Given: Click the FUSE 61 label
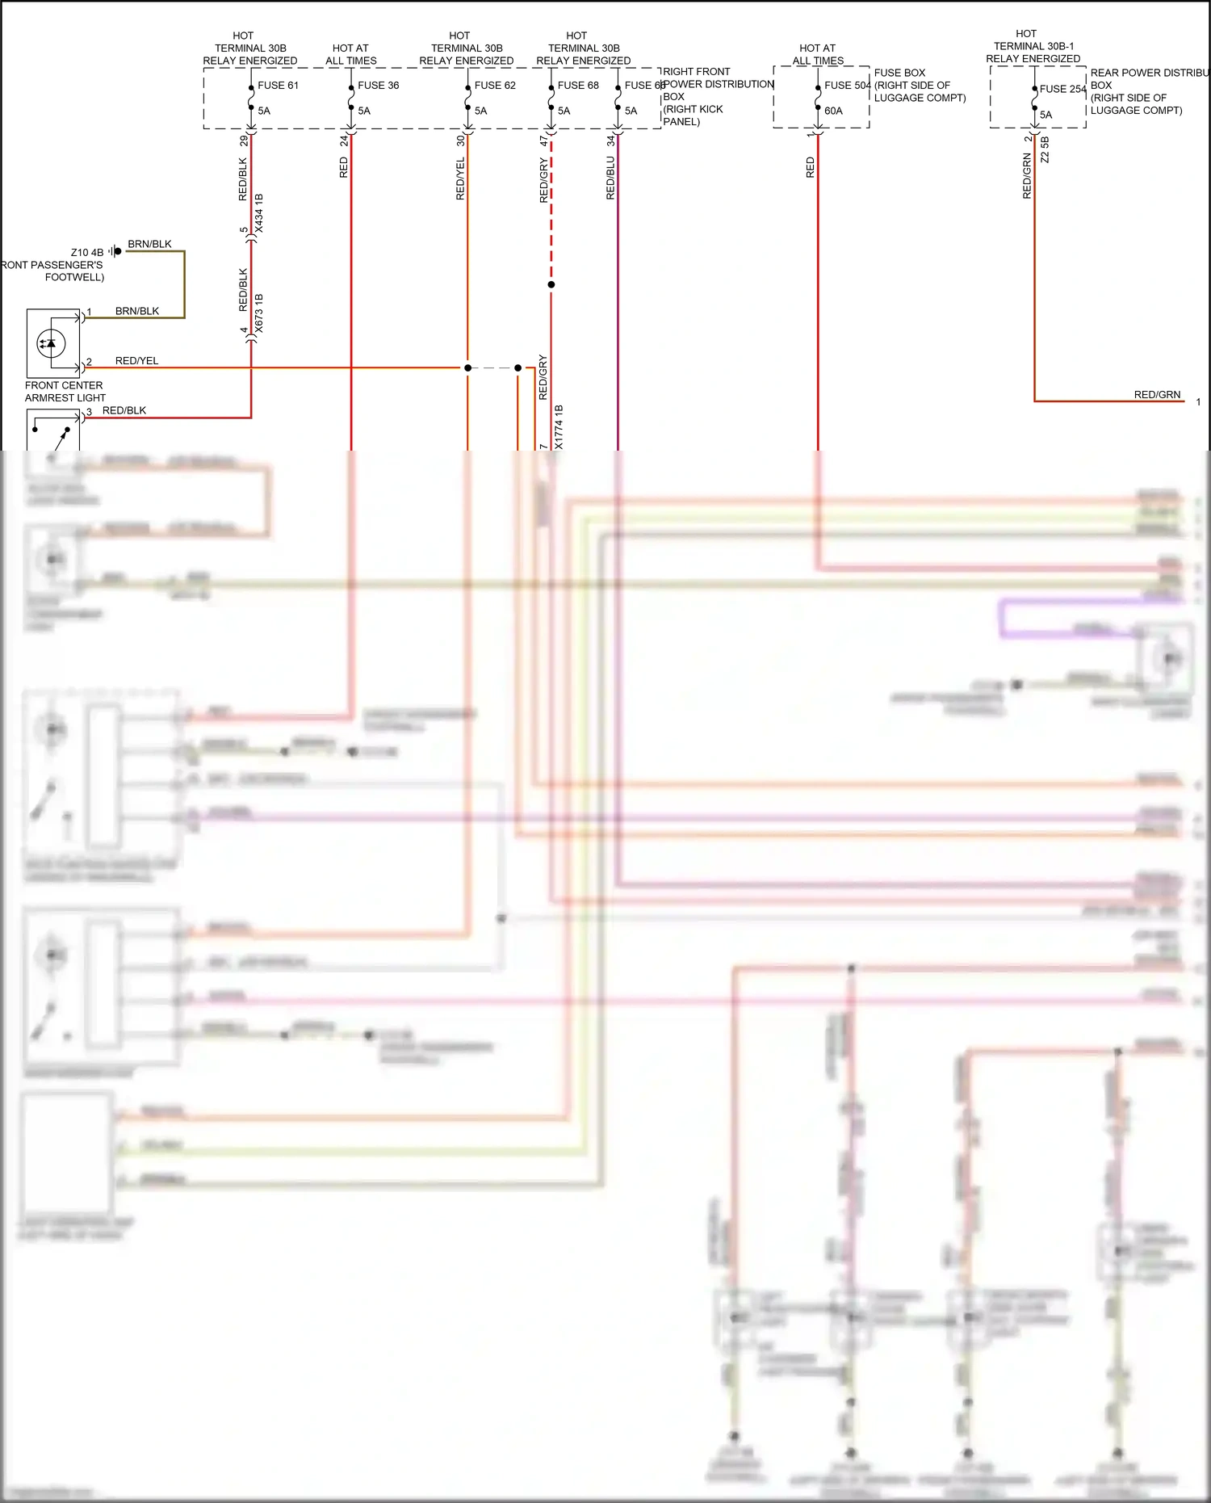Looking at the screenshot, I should click(278, 86).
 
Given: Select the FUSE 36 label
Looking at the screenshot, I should click(378, 86).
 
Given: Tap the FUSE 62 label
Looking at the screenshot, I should click(494, 86).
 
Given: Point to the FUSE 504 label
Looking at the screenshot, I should click(847, 86).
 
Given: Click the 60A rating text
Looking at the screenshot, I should click(833, 111).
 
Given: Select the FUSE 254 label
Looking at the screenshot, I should click(1062, 90).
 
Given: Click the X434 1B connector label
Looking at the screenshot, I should click(259, 214).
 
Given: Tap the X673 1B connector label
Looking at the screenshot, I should click(259, 313).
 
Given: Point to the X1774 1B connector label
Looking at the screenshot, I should click(559, 426).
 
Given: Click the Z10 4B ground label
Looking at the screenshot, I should click(87, 253).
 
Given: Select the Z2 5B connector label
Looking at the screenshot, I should click(1045, 149).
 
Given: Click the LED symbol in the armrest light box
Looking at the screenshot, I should click(51, 343).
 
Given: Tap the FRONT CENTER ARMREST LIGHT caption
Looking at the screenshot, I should click(65, 392).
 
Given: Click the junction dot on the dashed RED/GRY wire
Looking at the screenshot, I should click(551, 284).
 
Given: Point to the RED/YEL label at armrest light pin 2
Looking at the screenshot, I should click(136, 361).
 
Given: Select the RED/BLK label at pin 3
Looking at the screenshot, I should click(124, 410).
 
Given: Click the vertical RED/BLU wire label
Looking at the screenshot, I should click(610, 178).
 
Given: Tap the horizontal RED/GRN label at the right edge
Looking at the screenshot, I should click(1157, 395).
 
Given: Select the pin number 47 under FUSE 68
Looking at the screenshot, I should click(543, 141).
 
